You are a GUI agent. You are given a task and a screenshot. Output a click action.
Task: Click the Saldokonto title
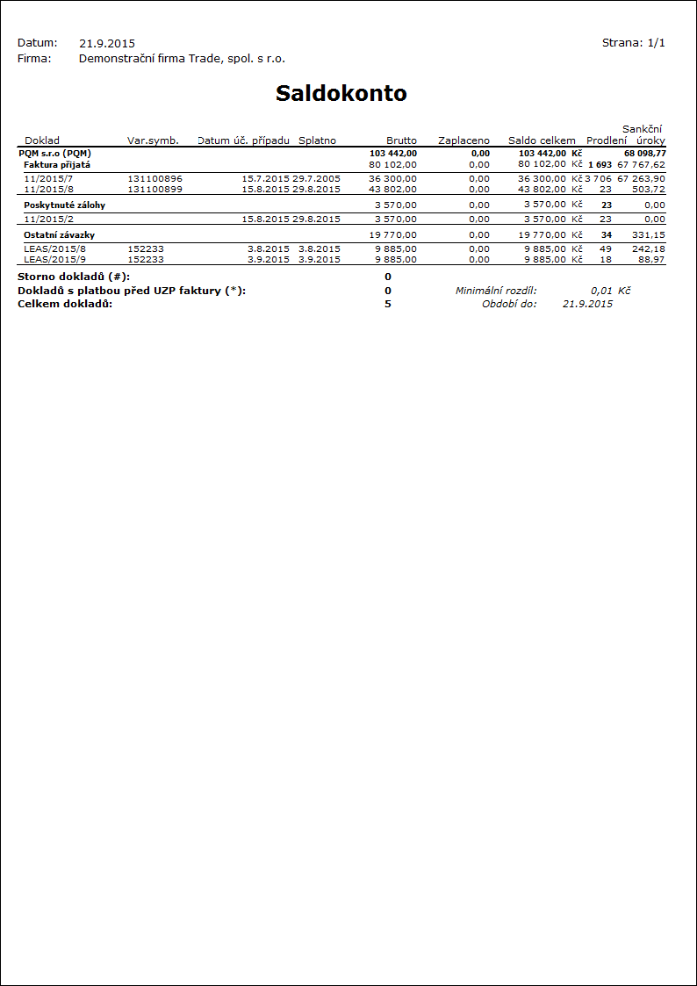tap(341, 94)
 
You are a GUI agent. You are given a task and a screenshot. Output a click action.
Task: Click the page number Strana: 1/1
tap(633, 43)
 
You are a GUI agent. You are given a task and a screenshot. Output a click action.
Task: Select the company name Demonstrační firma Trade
tap(182, 59)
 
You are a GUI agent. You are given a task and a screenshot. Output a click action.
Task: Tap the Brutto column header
tap(401, 140)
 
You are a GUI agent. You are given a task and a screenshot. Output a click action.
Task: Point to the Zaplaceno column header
tap(463, 140)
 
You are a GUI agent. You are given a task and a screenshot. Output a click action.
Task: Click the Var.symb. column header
tap(153, 140)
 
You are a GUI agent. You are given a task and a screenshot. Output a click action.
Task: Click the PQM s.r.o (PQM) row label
tap(54, 153)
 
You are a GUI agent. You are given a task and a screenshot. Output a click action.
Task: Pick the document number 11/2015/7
tap(49, 178)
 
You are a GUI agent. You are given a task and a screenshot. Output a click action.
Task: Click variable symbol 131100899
tap(155, 189)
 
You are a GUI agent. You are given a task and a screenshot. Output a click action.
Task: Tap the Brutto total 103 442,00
tap(393, 153)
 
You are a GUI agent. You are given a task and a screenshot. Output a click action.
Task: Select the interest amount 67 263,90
tap(641, 178)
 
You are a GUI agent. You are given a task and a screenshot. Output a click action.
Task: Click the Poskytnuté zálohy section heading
tap(58, 205)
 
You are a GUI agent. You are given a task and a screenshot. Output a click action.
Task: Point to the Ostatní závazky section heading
tap(59, 235)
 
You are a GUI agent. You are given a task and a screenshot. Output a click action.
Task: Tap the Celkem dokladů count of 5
tap(388, 304)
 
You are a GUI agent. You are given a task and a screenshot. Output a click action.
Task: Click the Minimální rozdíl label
tap(496, 290)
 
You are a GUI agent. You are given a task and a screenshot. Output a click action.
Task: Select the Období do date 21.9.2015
tap(587, 304)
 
